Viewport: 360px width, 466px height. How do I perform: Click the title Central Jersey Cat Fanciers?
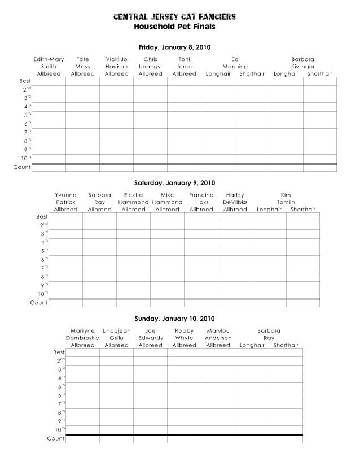coord(175,17)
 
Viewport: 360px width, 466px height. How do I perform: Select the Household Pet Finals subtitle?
coord(175,27)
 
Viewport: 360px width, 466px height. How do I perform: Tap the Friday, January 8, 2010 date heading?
coord(175,47)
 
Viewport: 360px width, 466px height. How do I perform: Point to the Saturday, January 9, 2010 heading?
coord(175,183)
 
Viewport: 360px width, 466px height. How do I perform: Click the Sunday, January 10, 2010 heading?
coord(175,319)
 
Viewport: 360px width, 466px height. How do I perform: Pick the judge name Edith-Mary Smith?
coord(49,63)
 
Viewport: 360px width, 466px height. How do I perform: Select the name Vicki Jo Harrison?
coord(116,63)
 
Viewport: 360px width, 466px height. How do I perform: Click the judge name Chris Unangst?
coord(150,63)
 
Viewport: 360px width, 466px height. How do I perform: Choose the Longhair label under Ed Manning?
coord(218,74)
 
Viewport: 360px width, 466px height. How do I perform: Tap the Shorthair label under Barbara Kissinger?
coord(320,74)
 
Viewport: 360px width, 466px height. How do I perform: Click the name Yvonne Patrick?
coord(65,199)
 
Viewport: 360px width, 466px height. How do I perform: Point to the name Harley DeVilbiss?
coord(235,199)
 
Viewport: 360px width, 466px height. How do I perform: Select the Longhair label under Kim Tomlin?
coord(269,210)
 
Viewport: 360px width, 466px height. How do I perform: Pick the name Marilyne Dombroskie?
coord(82,334)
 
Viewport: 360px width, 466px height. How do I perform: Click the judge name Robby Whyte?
coord(184,334)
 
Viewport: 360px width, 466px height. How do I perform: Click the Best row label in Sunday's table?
coord(55,352)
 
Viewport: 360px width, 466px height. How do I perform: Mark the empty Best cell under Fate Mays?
coord(82,81)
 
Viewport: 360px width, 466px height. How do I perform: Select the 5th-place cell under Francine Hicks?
coord(201,251)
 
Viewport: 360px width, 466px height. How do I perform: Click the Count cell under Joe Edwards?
coord(150,439)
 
